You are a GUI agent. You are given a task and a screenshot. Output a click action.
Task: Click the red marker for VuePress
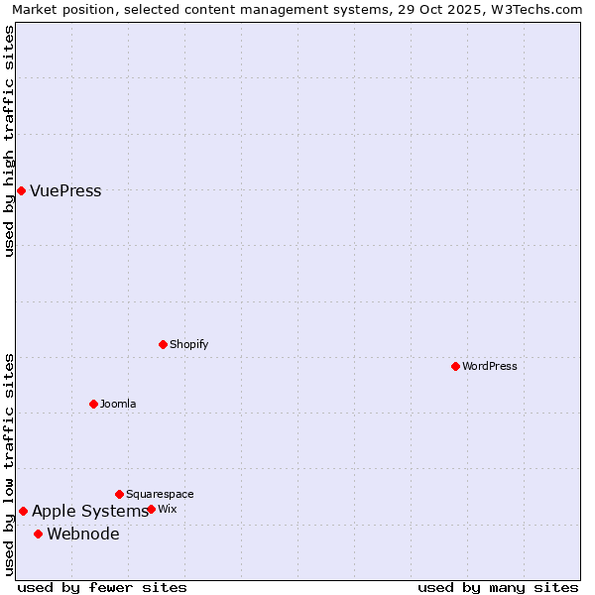pos(21,190)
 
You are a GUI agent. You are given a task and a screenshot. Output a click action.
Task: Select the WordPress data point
pos(455,366)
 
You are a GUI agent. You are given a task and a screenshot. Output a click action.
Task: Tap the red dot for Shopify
pos(163,344)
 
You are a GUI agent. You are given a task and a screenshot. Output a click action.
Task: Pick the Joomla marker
pos(93,404)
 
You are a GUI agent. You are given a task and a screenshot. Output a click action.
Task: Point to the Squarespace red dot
pos(119,494)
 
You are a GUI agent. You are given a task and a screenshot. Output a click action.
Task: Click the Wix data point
pos(151,509)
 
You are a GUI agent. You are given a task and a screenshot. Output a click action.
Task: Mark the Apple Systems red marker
pos(23,511)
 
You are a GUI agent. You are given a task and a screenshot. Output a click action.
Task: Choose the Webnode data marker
pos(38,534)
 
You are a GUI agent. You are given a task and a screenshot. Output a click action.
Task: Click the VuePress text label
pos(65,191)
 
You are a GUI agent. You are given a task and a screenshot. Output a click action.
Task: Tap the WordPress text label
pos(490,366)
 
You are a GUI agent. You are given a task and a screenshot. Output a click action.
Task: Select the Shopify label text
pos(189,344)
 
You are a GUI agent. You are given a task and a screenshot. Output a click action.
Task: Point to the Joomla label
pos(118,404)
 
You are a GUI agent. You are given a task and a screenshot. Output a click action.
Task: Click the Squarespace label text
pos(160,494)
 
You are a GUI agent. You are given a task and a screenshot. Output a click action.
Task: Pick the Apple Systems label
pos(89,512)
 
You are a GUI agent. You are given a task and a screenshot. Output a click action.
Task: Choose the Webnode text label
pos(83,535)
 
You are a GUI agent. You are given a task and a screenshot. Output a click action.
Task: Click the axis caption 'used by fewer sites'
pos(102,587)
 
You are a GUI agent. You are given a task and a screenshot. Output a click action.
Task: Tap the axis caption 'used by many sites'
pos(498,587)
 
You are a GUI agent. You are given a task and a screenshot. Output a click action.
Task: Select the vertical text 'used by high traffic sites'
pos(9,141)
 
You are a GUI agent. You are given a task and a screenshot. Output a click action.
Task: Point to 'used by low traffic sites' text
pos(9,464)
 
